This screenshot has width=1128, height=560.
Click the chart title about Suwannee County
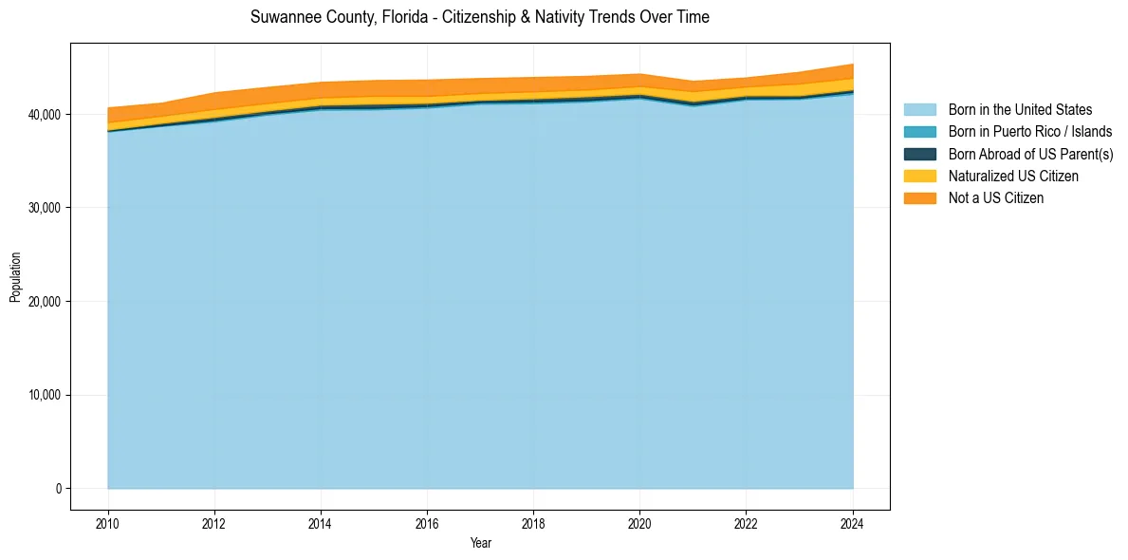[x=479, y=17]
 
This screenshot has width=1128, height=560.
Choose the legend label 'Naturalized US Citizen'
[x=1013, y=177]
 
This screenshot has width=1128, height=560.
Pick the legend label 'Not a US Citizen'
[x=995, y=198]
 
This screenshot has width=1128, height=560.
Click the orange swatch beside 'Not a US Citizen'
[x=919, y=198]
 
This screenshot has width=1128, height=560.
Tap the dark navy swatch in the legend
[x=919, y=154]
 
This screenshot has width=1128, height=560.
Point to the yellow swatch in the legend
[x=919, y=177]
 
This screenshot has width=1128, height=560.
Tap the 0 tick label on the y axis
[x=58, y=489]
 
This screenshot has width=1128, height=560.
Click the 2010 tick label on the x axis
[x=108, y=523]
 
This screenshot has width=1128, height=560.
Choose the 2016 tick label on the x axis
[x=427, y=523]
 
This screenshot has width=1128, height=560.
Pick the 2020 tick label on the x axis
[x=639, y=523]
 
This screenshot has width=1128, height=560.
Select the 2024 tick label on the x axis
[x=853, y=523]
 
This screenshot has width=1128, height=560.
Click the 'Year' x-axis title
[x=480, y=543]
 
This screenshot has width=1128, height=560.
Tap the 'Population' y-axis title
[x=15, y=277]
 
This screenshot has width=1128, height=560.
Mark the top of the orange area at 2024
[x=853, y=65]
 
